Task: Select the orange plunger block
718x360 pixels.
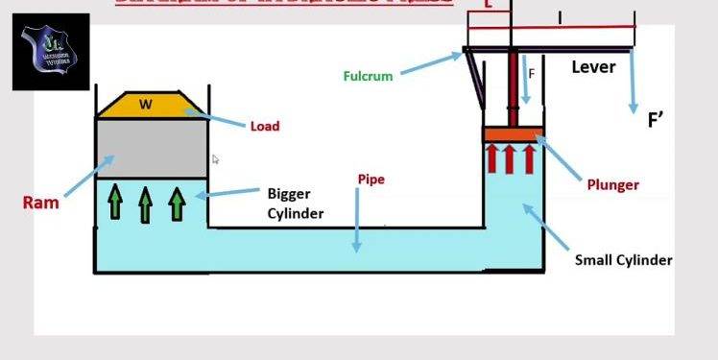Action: [514, 134]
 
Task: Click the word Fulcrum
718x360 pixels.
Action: [368, 76]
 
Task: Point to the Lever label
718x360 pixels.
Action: [593, 67]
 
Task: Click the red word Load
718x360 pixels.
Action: [264, 126]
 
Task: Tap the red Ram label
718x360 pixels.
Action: [41, 203]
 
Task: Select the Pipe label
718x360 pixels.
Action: [371, 180]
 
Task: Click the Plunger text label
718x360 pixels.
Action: [612, 184]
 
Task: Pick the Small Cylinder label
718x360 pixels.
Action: [623, 260]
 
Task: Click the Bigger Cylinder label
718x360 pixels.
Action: [296, 204]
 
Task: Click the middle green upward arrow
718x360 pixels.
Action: [146, 202]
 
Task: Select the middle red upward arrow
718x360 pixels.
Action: [514, 157]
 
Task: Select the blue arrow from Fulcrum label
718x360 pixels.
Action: [432, 63]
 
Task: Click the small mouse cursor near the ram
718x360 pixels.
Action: [216, 159]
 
